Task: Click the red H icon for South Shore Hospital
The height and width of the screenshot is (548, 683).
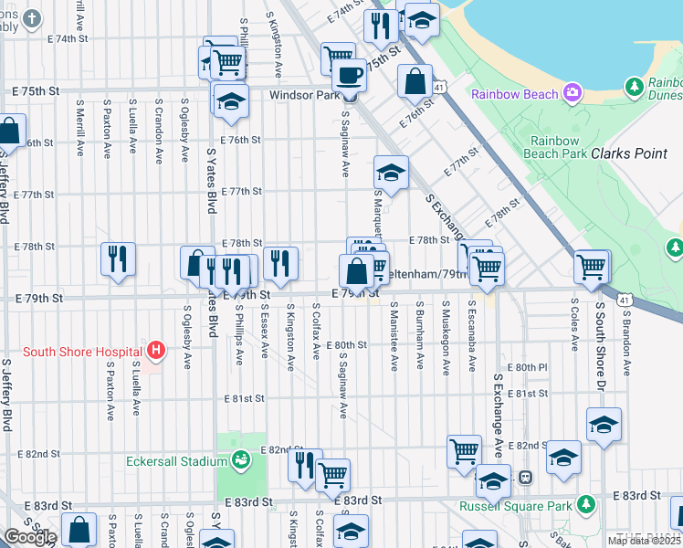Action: click(x=156, y=350)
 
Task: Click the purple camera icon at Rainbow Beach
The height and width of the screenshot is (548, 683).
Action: click(x=573, y=92)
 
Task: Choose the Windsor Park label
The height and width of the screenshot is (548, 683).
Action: click(x=303, y=94)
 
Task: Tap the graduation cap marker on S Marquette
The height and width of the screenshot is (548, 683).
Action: click(x=391, y=173)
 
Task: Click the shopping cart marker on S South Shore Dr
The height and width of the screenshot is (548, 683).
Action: click(x=591, y=267)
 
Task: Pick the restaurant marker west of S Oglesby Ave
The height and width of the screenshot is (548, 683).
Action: click(x=118, y=258)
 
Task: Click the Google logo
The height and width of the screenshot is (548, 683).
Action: click(x=30, y=537)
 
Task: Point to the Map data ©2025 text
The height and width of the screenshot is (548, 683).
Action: click(x=644, y=541)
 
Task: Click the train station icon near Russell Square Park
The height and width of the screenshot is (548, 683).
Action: click(x=526, y=477)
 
